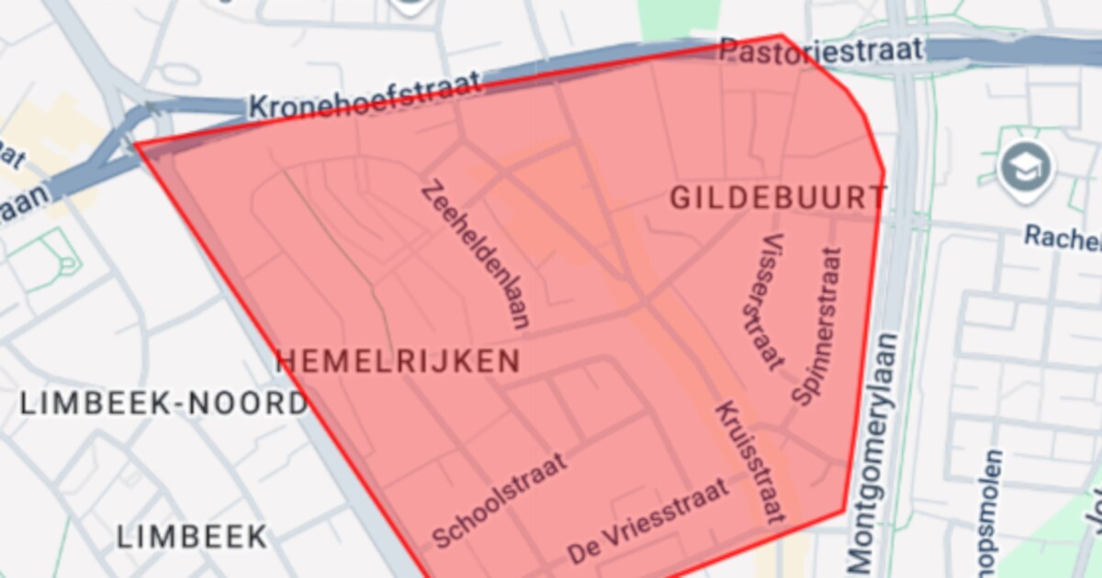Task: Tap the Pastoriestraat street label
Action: click(x=820, y=50)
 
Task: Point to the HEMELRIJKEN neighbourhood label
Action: click(x=399, y=361)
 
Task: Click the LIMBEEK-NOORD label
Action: click(x=163, y=403)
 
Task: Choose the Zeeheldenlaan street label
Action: click(x=476, y=255)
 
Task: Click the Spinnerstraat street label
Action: click(x=816, y=327)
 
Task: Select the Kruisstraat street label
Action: click(x=750, y=461)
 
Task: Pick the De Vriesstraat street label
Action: click(x=648, y=521)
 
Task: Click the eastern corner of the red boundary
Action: click(x=883, y=171)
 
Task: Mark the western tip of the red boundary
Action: click(x=136, y=144)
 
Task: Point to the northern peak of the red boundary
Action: click(x=782, y=36)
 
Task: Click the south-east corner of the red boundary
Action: click(x=844, y=510)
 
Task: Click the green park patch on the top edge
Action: click(x=678, y=17)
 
